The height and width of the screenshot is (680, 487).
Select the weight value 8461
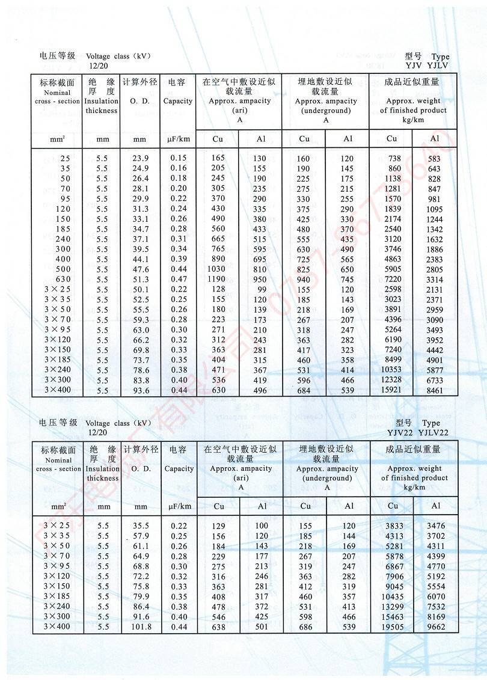click(435, 391)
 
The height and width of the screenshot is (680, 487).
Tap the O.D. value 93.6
click(139, 391)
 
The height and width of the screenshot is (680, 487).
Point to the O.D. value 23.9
click(139, 158)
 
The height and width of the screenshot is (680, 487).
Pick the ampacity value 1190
click(216, 279)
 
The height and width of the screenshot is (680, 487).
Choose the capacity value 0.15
click(179, 158)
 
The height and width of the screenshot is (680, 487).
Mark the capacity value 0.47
click(179, 279)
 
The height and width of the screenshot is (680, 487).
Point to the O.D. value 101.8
click(141, 627)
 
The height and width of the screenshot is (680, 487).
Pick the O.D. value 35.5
click(141, 526)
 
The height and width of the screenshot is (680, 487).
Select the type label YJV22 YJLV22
click(423, 433)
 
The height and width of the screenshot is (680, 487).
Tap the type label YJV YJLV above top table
click(427, 66)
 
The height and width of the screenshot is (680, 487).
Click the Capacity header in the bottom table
click(179, 469)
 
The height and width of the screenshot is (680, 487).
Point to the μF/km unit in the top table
click(179, 139)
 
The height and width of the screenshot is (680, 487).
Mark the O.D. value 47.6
click(139, 269)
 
